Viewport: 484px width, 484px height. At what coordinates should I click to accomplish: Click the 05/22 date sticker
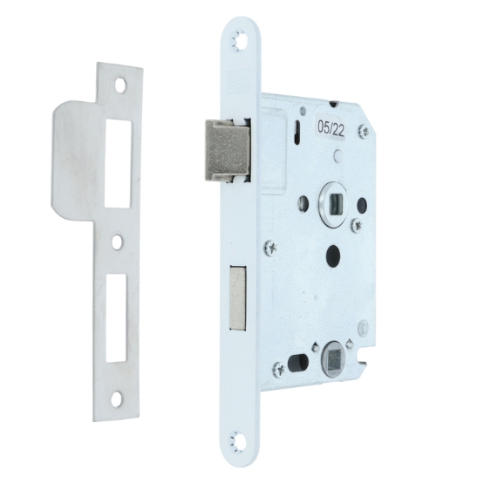(x=331, y=127)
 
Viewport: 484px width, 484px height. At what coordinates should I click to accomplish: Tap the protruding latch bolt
(x=227, y=150)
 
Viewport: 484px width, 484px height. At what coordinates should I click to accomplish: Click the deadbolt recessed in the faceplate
(x=238, y=297)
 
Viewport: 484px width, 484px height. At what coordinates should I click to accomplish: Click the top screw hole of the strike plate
(x=122, y=85)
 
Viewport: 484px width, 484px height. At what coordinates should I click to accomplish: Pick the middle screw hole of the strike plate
(x=116, y=242)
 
